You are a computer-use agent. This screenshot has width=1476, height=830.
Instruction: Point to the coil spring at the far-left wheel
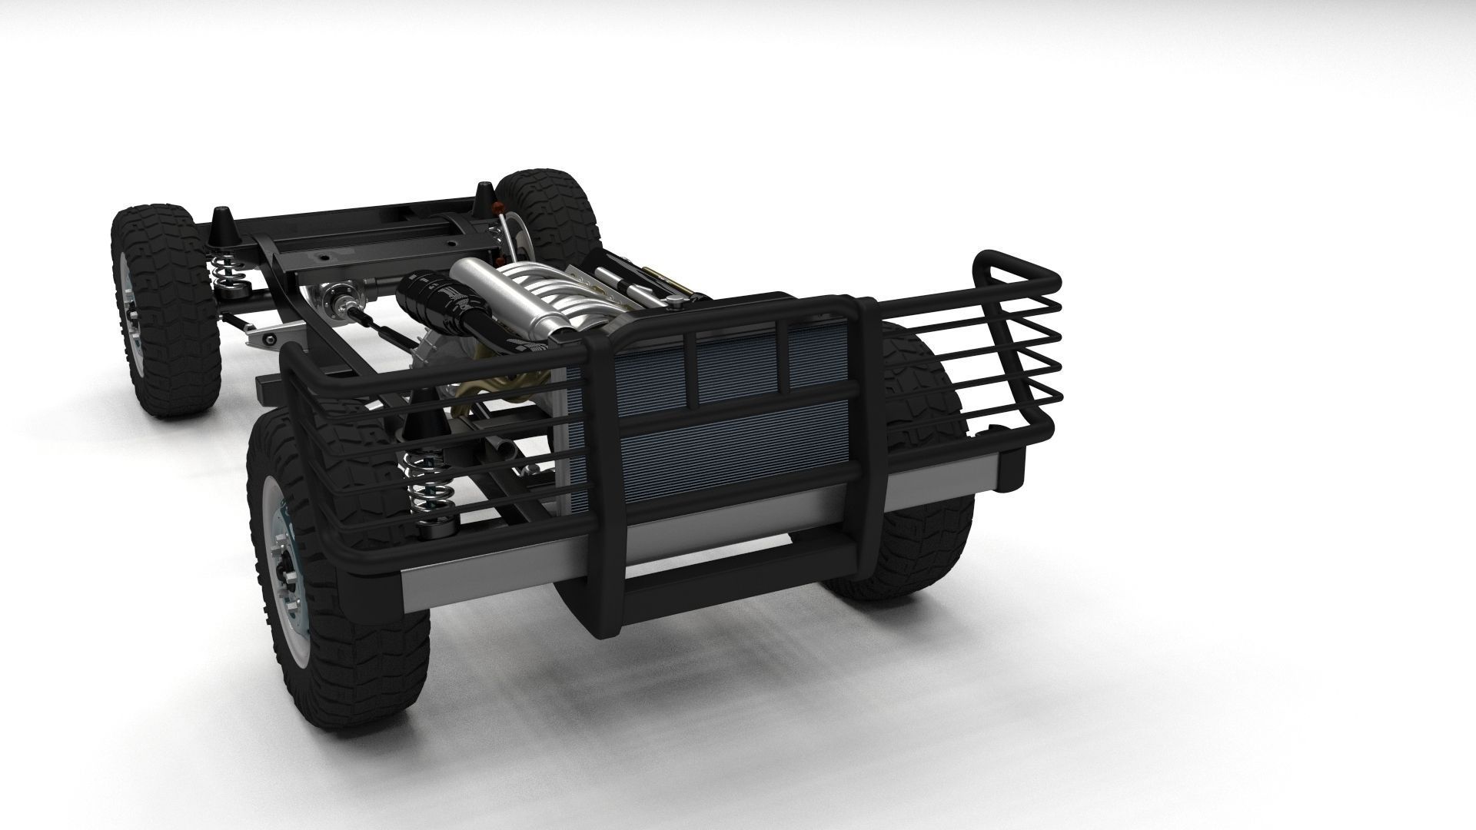(224, 269)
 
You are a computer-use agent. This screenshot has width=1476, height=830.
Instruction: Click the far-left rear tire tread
(165, 315)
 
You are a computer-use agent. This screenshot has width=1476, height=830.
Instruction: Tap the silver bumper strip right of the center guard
(946, 484)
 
